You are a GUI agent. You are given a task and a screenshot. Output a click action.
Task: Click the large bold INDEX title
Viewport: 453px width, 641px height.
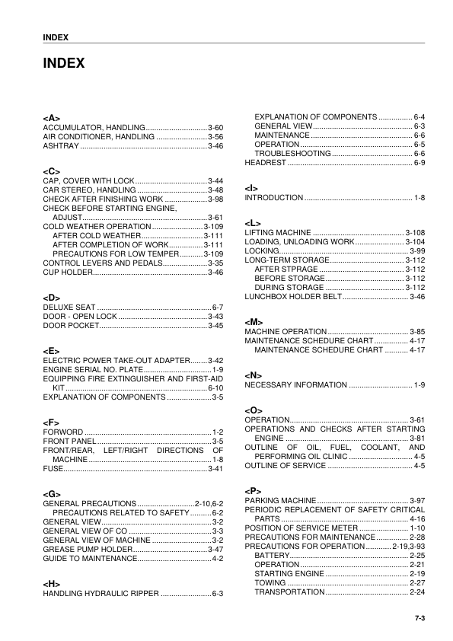[x=63, y=64]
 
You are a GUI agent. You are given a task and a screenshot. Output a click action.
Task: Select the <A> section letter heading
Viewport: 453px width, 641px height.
[x=51, y=117]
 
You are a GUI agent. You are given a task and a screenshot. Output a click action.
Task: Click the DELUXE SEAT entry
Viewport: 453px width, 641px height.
[x=69, y=306]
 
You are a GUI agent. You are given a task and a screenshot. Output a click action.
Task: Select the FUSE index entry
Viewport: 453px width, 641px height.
[x=53, y=469]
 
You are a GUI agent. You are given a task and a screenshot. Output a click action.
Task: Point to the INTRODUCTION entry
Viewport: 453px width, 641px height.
[x=274, y=198]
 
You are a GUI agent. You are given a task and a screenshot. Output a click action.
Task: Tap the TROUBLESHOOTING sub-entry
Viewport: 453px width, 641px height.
[x=292, y=154]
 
